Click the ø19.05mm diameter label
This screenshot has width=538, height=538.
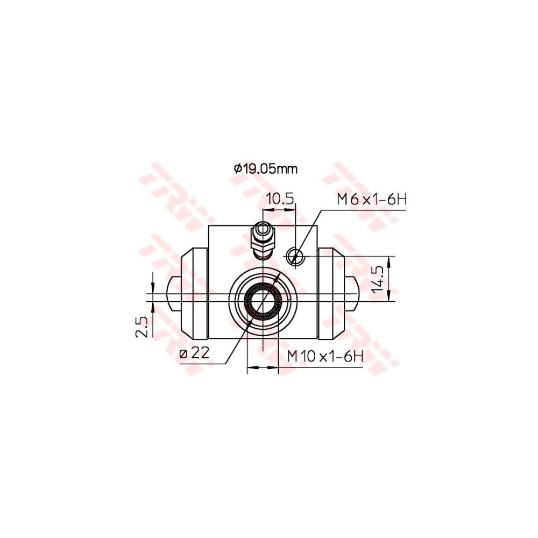266,169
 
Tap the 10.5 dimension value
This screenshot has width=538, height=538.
280,199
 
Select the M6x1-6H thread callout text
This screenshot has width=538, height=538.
371,200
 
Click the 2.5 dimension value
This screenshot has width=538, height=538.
141,327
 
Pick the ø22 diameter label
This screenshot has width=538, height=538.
195,353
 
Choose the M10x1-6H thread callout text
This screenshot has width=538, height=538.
325,356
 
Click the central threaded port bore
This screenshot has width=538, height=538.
263,301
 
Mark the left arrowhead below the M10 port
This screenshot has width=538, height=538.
251,368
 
